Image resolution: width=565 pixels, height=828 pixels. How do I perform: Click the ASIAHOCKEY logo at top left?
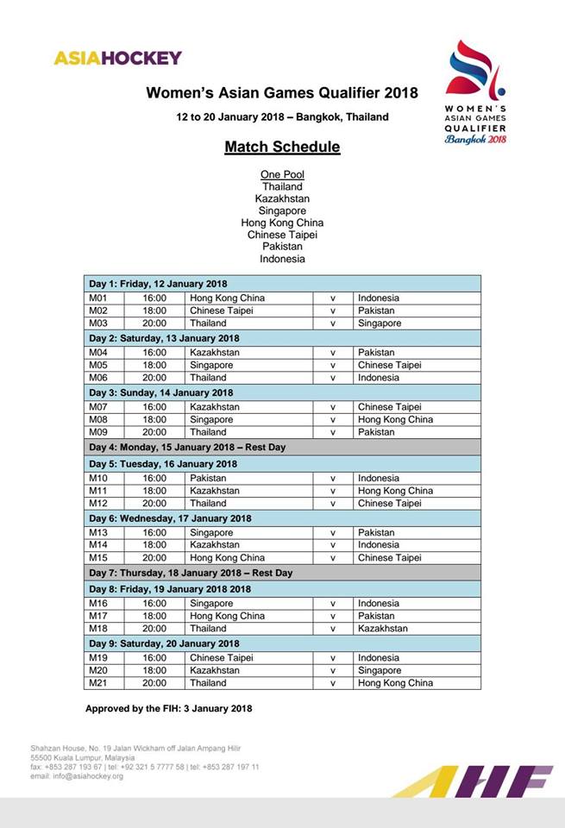(x=117, y=58)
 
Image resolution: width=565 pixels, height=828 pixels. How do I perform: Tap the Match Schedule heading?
(x=282, y=147)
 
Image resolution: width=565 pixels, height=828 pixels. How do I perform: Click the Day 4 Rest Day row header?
(x=187, y=448)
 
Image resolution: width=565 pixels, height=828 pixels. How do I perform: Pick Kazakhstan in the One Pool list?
(x=282, y=198)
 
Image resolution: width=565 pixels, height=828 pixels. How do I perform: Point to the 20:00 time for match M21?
(x=154, y=683)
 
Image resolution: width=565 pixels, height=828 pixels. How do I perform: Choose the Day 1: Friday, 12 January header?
(x=158, y=284)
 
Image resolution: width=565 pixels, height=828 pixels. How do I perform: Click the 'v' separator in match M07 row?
(x=332, y=407)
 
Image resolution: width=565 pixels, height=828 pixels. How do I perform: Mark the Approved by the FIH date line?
(x=168, y=708)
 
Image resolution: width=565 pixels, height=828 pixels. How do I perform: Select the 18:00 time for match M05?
(x=154, y=365)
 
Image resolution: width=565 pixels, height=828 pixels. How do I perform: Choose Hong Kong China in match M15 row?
(x=227, y=558)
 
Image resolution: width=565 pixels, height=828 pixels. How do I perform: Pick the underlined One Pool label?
(x=282, y=174)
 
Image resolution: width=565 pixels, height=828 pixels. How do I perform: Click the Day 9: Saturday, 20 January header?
(x=162, y=643)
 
